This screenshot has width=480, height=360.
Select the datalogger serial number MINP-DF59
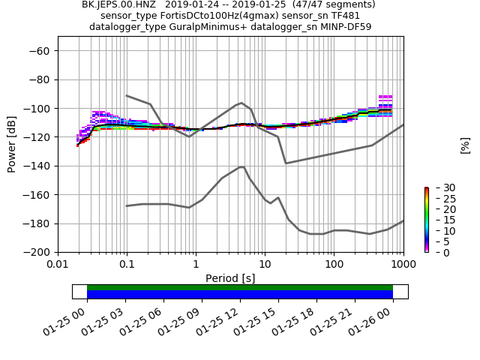click(343, 27)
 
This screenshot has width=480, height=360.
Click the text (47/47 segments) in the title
click(335, 4)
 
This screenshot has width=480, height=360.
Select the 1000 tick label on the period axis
click(403, 265)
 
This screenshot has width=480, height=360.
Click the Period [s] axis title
click(230, 278)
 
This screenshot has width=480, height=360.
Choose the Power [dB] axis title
click(12, 144)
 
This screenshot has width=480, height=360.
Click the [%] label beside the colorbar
click(465, 145)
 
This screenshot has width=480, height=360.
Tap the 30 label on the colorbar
click(439, 187)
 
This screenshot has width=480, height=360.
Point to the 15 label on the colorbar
click(439, 220)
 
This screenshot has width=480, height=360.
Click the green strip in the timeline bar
click(240, 287)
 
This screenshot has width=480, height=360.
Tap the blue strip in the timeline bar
click(240, 295)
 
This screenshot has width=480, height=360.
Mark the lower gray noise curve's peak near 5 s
click(241, 166)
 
